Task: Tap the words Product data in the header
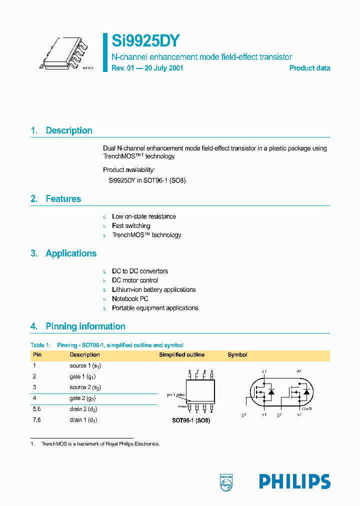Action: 309,68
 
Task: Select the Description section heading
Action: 68,130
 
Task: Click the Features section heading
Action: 63,199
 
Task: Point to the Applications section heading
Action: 70,253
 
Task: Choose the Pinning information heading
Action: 85,326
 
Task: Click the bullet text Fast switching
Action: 131,226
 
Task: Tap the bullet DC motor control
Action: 134,280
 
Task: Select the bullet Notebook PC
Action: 130,299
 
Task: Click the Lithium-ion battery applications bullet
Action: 153,290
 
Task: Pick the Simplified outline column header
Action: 181,355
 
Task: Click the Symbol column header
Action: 237,355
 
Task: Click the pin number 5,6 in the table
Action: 37,409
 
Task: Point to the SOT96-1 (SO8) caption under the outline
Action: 191,421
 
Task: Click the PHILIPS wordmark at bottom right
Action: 294,481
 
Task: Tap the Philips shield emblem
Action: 226,481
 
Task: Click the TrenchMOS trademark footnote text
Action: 100,444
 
